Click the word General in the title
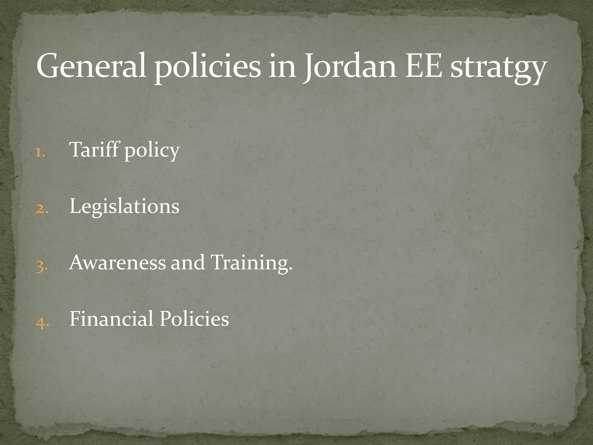pos(91,66)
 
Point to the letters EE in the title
pos(423,66)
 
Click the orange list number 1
pos(40,152)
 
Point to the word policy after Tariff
pos(152,151)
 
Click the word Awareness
pos(118,262)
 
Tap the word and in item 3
pos(187,262)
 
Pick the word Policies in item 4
pos(194,319)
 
